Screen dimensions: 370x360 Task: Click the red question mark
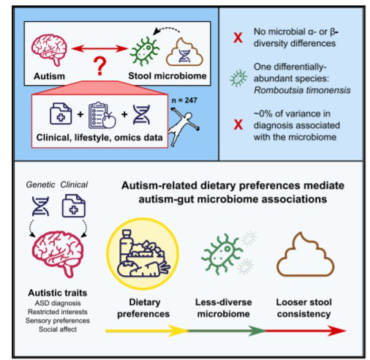[99, 66]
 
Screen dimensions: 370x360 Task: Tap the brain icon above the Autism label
[49, 50]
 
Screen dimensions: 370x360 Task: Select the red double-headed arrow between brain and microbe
[99, 49]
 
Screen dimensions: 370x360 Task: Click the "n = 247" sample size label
[184, 100]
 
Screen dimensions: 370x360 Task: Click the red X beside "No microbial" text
[238, 38]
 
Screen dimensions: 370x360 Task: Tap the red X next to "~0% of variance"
[238, 124]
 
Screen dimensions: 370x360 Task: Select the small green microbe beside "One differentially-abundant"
[238, 78]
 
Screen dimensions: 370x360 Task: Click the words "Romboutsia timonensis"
[302, 90]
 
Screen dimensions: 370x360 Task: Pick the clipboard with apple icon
[102, 115]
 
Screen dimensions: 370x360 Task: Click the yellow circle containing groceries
[143, 254]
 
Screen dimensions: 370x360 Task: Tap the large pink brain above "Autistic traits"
[58, 254]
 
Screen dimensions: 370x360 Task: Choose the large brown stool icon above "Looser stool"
[305, 255]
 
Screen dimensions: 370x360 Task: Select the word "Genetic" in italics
[40, 184]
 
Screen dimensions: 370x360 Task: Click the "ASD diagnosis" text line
[58, 303]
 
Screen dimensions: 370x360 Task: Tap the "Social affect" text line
[58, 329]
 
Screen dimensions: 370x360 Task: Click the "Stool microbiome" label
[167, 76]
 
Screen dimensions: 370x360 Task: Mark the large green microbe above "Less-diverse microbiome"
[222, 254]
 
